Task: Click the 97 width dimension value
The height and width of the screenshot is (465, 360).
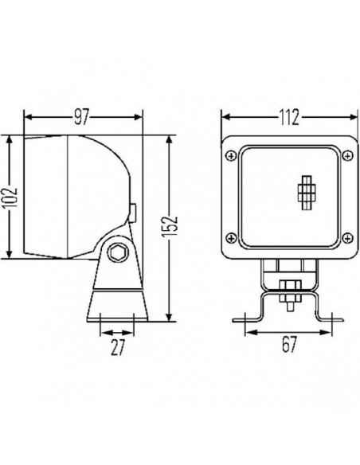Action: click(80, 116)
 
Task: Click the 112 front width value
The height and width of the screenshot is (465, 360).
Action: click(288, 117)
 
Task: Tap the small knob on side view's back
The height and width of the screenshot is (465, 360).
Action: click(133, 213)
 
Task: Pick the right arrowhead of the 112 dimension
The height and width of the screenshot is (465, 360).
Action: click(347, 117)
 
